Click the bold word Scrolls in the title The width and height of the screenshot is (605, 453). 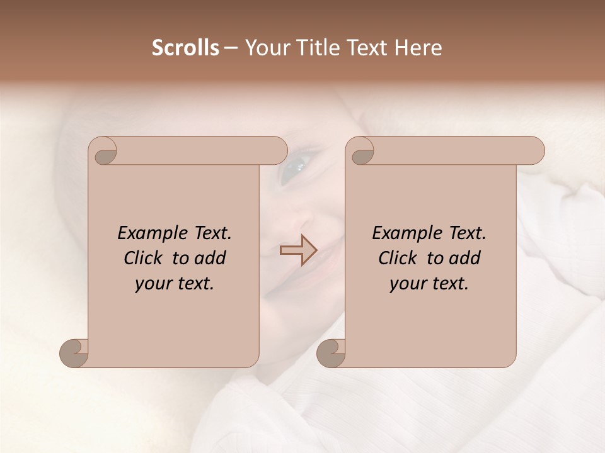click(186, 48)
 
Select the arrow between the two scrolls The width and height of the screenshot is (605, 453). click(299, 250)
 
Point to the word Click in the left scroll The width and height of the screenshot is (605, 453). click(144, 258)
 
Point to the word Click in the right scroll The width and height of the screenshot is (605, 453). click(398, 258)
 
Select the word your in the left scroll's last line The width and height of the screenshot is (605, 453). click(152, 284)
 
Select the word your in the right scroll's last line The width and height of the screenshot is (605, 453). click(406, 284)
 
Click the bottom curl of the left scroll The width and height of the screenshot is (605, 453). click(74, 352)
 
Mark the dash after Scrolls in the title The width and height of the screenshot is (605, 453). click(231, 48)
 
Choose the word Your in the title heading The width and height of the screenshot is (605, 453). click(265, 48)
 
